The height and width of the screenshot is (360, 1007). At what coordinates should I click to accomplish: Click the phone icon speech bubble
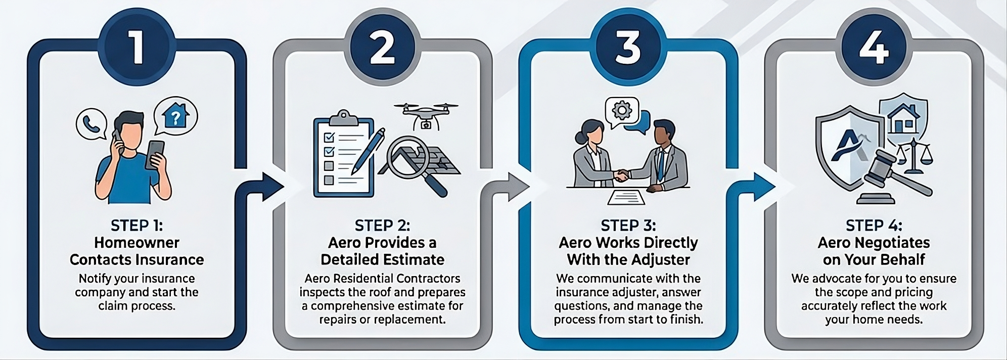91,123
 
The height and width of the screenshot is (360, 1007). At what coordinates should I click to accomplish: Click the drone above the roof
426,116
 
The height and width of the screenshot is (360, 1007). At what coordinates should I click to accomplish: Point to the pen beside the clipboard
369,150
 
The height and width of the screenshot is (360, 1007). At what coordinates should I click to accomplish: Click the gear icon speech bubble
622,111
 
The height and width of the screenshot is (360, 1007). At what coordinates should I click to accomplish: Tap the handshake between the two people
621,175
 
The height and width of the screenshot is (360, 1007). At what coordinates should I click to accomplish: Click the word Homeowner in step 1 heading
136,243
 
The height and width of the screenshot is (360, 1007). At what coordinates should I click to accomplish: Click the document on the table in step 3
626,197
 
